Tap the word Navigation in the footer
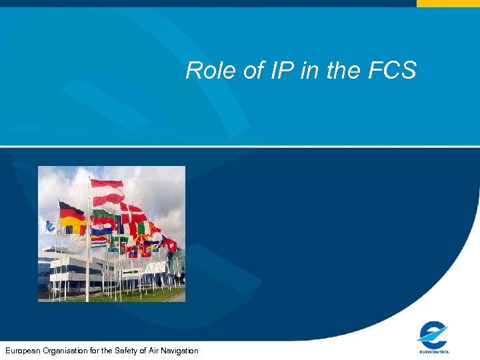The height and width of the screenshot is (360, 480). [178, 351]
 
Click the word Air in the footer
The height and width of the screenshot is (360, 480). [152, 351]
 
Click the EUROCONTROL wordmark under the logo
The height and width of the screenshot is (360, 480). [434, 351]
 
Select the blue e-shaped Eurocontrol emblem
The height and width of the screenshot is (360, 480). [433, 333]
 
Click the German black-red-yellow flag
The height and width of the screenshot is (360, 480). [72, 218]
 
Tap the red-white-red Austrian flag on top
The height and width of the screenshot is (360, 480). [107, 192]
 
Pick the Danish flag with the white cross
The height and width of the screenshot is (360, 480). [133, 215]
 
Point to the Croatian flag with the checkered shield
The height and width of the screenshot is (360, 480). [102, 230]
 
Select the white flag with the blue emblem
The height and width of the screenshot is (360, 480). [46, 226]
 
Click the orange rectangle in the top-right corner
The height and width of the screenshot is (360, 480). [448, 3]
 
